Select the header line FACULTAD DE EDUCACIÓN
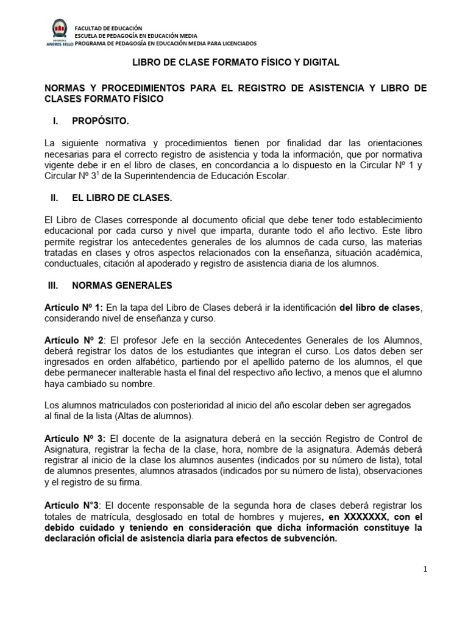click(x=108, y=28)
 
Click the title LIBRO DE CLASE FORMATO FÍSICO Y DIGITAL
click(x=236, y=62)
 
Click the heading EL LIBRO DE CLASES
click(x=122, y=198)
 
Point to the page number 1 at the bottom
click(x=425, y=569)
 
